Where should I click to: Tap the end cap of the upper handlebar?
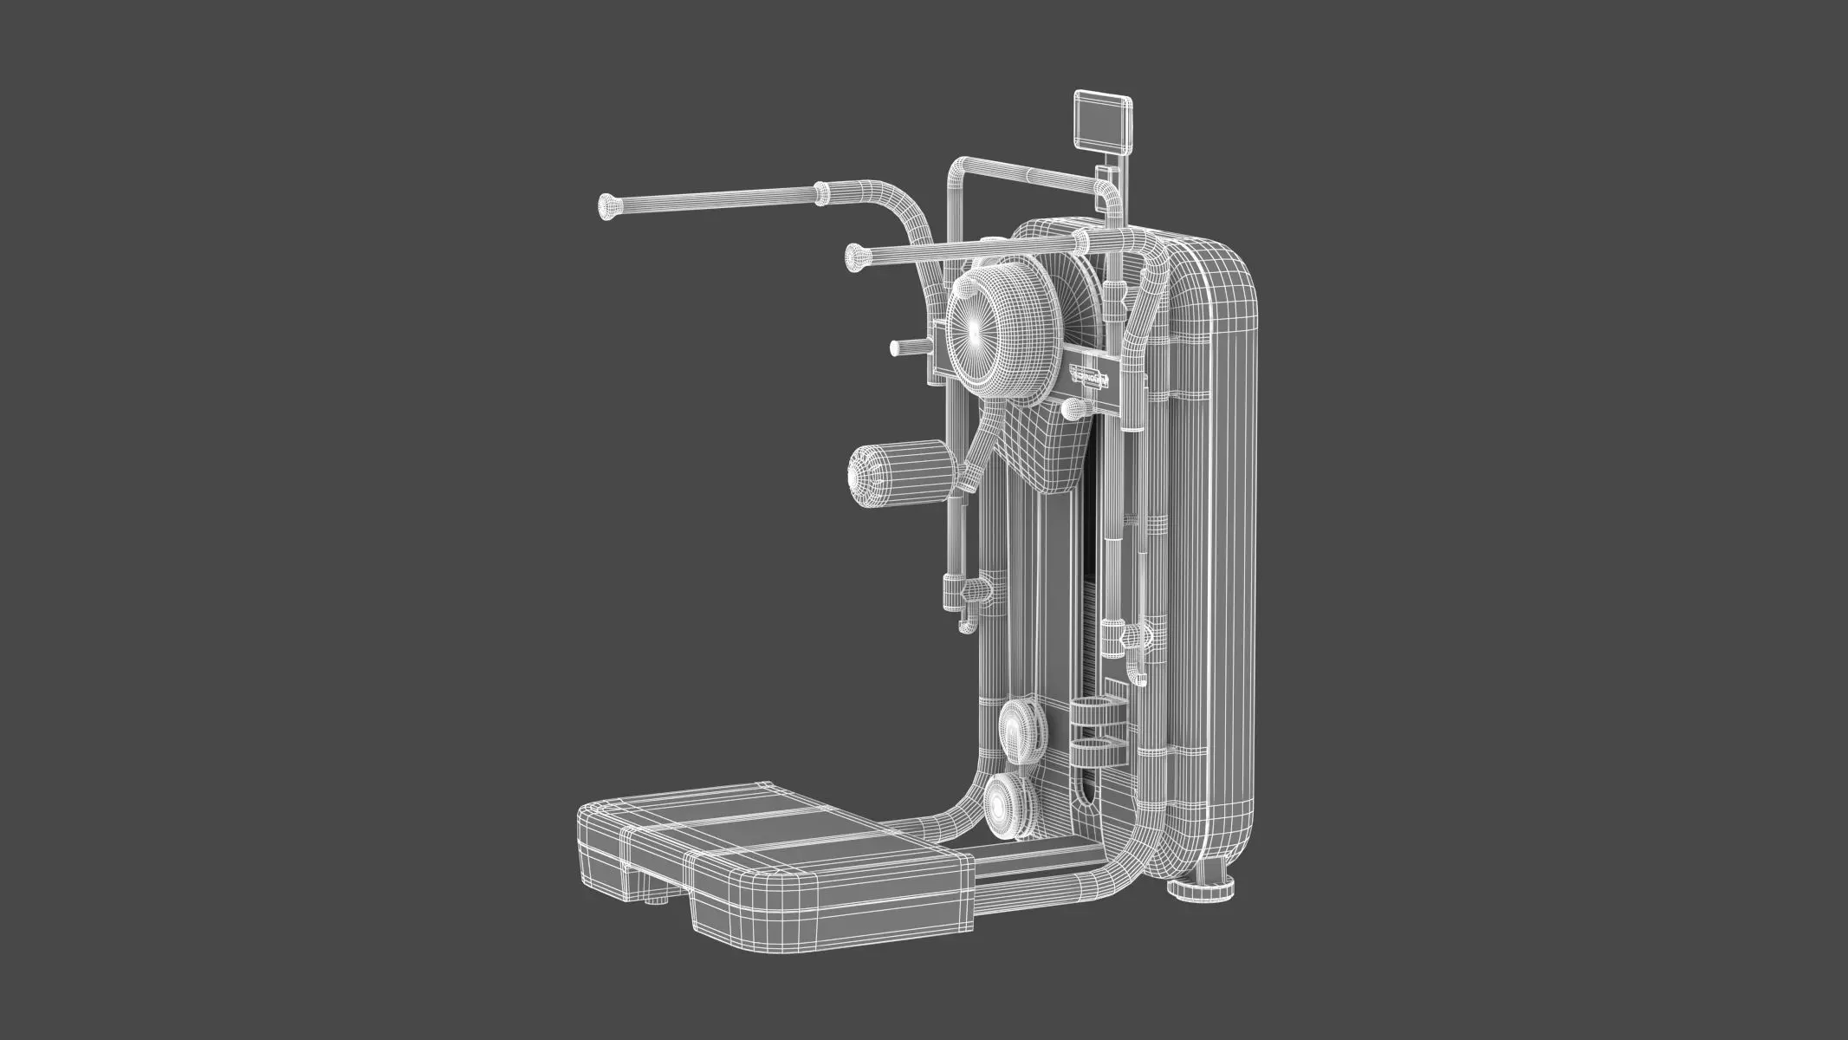point(609,206)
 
